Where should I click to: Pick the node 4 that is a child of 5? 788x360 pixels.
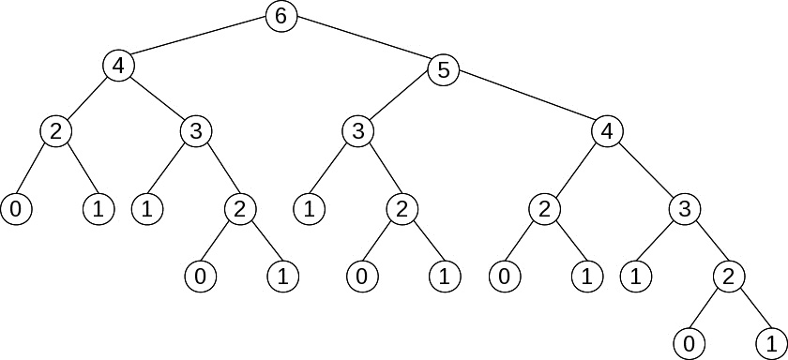tap(607, 132)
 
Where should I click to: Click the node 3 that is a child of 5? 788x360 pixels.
tap(356, 132)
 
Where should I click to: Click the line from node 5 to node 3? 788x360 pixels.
tap(400, 100)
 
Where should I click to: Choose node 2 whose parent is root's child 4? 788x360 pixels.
tap(55, 132)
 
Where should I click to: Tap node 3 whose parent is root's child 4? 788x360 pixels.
tap(195, 132)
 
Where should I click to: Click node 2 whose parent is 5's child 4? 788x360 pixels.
tap(543, 209)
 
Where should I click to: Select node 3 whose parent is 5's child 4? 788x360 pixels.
tap(684, 209)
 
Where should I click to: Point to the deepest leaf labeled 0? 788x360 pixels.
tap(689, 343)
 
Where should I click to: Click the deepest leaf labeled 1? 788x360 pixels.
tap(771, 343)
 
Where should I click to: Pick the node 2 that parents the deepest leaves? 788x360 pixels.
tap(728, 277)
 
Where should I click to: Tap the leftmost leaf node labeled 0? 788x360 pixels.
tap(16, 209)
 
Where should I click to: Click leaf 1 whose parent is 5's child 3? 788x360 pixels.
tap(308, 209)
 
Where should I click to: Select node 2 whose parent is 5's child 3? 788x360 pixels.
tap(402, 209)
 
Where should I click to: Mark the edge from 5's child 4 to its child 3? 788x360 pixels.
tap(645, 171)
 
